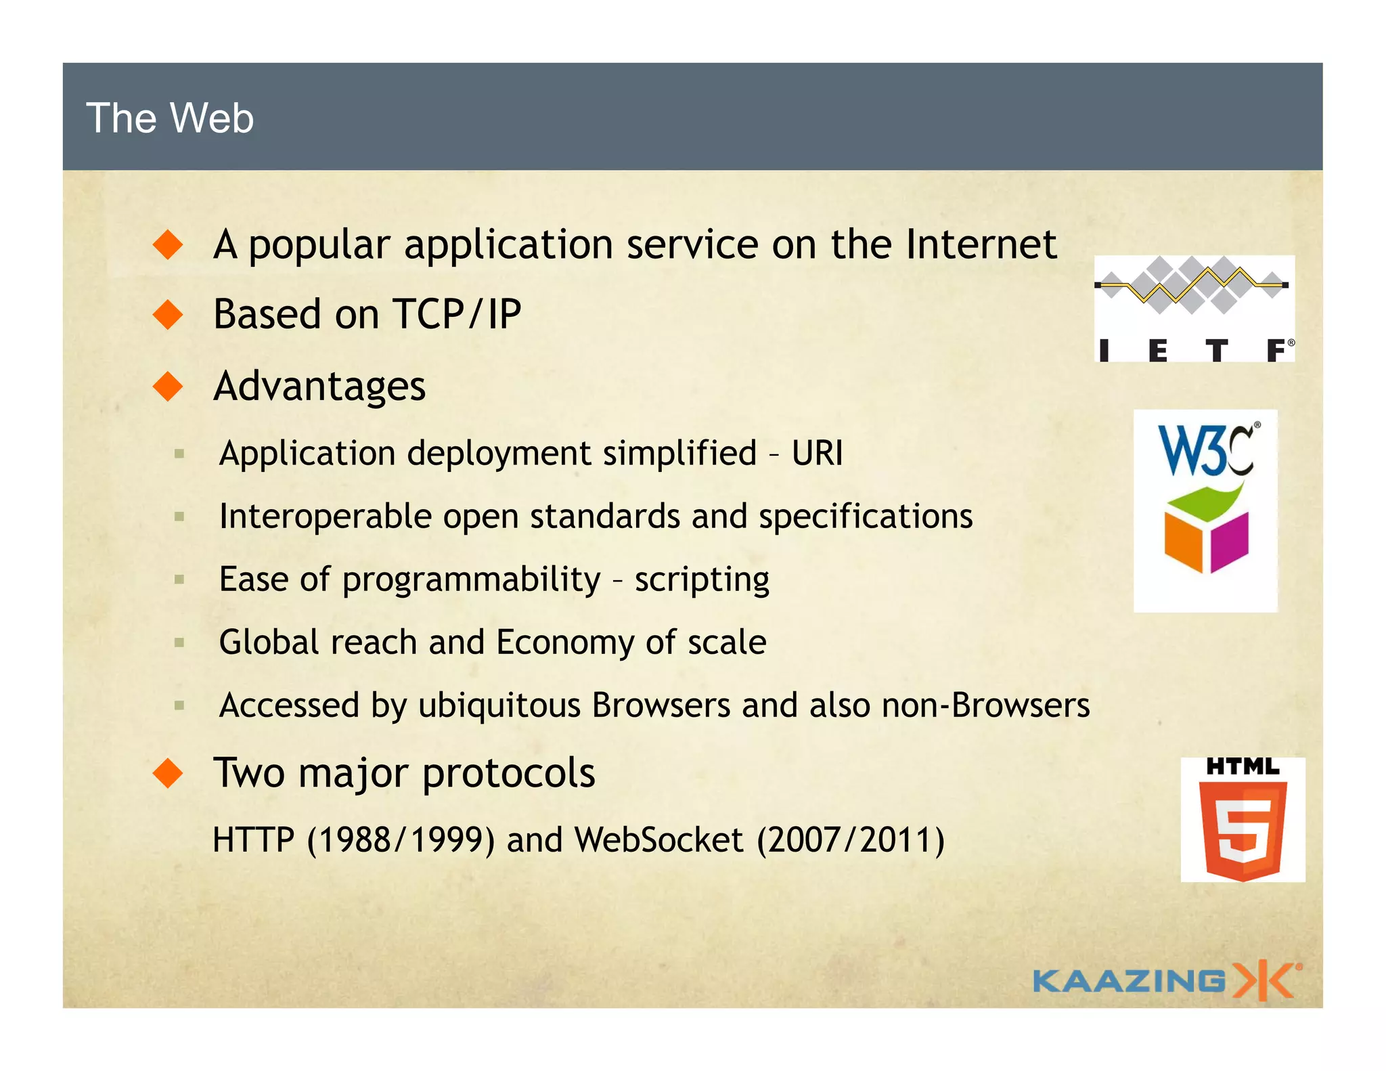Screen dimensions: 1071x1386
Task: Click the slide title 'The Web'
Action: click(170, 118)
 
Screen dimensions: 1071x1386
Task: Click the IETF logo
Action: click(1194, 309)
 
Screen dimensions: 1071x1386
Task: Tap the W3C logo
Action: click(1205, 510)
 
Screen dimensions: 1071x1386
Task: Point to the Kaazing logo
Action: click(1165, 980)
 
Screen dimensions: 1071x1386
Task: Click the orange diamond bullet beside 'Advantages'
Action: click(169, 387)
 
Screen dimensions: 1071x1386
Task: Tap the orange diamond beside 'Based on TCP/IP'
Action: click(169, 315)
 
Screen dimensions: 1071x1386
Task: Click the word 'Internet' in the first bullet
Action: click(981, 244)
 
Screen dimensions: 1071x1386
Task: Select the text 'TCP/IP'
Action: click(457, 315)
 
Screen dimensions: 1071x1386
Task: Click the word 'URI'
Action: click(818, 453)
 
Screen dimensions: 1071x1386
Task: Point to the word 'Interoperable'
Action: click(326, 517)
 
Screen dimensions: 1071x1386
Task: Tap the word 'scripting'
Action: click(702, 580)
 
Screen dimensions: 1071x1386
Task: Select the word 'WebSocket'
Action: click(659, 840)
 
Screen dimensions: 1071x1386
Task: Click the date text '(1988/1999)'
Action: click(401, 840)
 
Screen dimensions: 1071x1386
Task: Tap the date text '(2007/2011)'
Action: click(851, 840)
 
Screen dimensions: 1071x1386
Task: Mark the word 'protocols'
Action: click(509, 773)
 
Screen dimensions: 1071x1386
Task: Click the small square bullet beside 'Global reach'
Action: click(179, 642)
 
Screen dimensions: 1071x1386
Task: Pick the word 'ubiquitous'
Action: click(499, 705)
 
